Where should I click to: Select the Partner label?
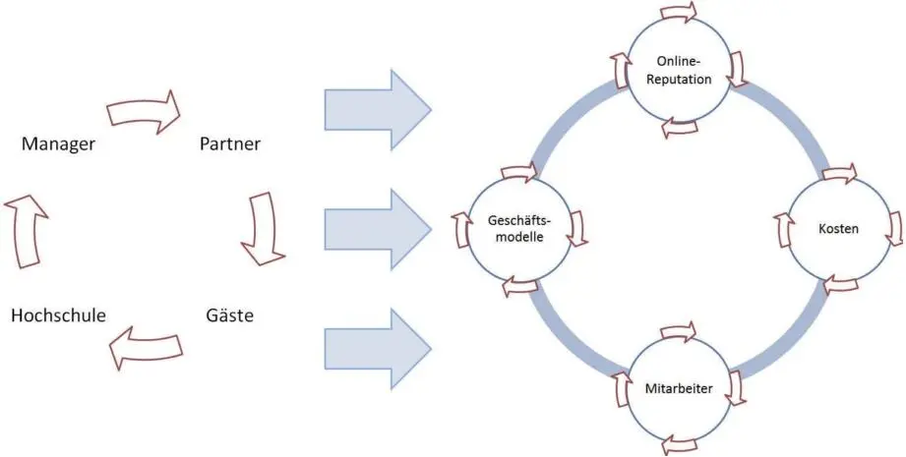coord(230,144)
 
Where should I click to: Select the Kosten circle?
coord(838,229)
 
